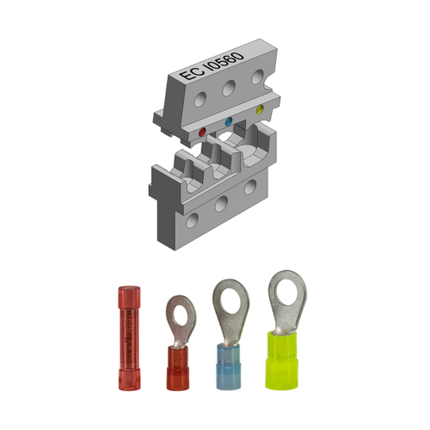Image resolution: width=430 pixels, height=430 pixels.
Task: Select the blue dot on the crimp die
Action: pyautogui.click(x=228, y=123)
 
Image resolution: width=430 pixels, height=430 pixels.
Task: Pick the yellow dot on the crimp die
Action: pyautogui.click(x=260, y=109)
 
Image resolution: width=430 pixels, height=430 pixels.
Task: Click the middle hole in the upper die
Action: pyautogui.click(x=229, y=89)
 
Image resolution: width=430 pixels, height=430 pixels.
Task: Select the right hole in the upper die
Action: pyautogui.click(x=256, y=77)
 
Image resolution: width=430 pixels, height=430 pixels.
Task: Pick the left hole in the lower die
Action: pyautogui.click(x=190, y=221)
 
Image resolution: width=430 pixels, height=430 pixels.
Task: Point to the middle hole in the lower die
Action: pyautogui.click(x=222, y=203)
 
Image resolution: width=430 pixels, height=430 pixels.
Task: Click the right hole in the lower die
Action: pyautogui.click(x=250, y=187)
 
